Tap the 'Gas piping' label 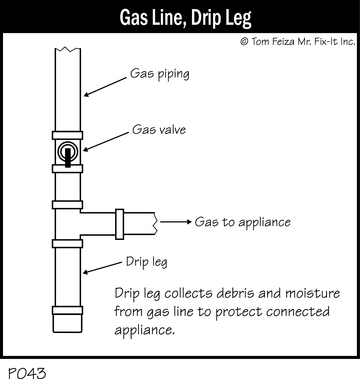pyautogui.click(x=159, y=74)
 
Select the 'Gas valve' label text pyautogui.click(x=159, y=129)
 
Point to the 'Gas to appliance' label pyautogui.click(x=243, y=222)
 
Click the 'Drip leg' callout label pyautogui.click(x=146, y=262)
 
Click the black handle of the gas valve pyautogui.click(x=68, y=157)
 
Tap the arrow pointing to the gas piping pyautogui.click(x=105, y=87)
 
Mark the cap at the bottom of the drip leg pyautogui.click(x=67, y=322)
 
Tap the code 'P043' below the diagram pyautogui.click(x=27, y=373)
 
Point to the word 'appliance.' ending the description pyautogui.click(x=144, y=330)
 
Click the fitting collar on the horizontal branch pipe pyautogui.click(x=119, y=224)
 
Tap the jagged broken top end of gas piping pyautogui.click(x=68, y=50)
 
